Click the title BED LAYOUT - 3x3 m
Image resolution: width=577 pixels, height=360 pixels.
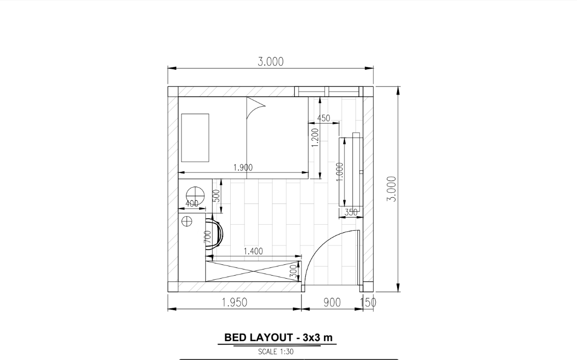278,338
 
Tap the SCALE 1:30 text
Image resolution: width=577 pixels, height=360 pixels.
276,351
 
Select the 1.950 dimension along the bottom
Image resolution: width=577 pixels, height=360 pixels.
234,303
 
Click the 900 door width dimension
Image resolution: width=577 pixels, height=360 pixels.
332,303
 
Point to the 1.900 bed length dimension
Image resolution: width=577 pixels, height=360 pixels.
243,167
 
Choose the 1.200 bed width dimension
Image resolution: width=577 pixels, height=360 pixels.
315,137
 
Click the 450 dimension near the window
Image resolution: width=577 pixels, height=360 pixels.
323,118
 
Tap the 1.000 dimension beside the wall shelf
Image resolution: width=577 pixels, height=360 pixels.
340,172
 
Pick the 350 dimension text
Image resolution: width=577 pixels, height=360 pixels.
351,213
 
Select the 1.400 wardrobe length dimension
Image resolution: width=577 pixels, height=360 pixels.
253,251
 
